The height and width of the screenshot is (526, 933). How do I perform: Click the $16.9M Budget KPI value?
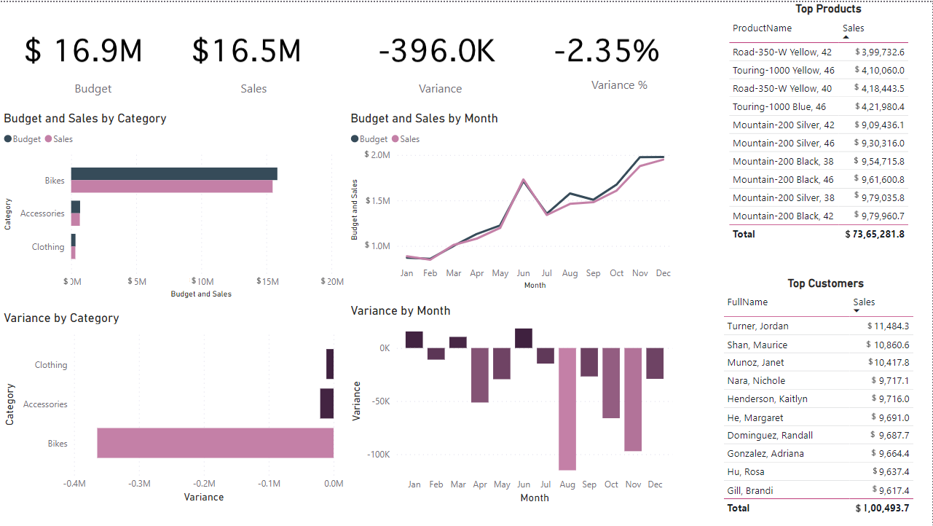coord(84,51)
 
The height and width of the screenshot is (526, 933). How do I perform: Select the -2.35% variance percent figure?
coord(606,51)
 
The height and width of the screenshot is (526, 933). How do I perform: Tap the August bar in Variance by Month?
coord(567,409)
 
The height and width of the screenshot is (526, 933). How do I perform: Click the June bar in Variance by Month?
coord(524,338)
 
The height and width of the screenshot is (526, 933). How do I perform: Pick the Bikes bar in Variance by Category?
coord(215,443)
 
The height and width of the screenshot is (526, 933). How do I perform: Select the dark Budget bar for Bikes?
coord(173,173)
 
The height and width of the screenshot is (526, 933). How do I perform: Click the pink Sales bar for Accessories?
coord(76,219)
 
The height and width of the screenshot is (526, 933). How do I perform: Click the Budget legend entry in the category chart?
coord(27,139)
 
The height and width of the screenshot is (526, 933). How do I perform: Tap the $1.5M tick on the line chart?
coord(377,201)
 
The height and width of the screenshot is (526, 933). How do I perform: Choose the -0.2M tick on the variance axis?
coord(204,484)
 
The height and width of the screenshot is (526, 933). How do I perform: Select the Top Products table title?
coord(828,9)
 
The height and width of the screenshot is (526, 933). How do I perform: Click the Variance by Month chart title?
coord(401,311)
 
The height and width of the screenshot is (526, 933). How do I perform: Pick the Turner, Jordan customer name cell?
coord(757,326)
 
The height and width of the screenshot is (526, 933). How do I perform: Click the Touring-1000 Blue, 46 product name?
coord(779,106)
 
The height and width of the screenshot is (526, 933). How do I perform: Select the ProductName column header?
coord(762,28)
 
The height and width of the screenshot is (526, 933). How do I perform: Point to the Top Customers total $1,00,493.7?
coord(883,508)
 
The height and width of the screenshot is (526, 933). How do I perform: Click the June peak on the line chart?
coord(524,180)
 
